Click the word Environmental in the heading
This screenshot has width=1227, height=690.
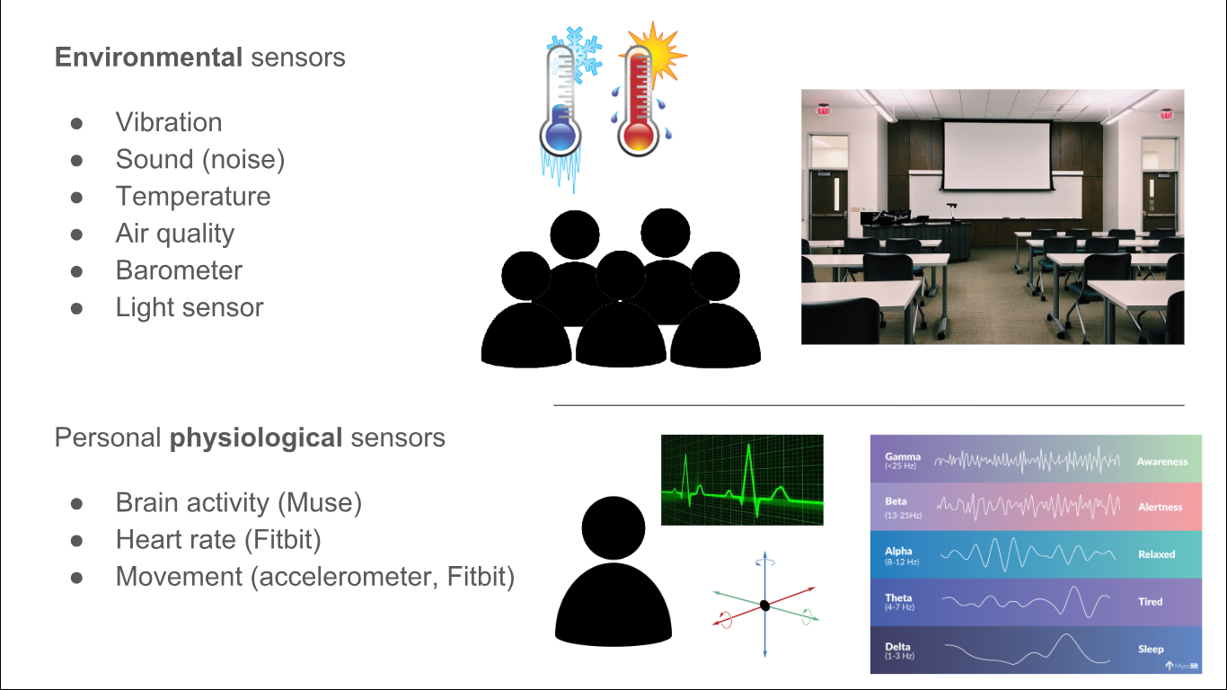pos(148,57)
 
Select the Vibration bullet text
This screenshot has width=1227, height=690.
pos(169,122)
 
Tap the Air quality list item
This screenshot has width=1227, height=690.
pos(175,234)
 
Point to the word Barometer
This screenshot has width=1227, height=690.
pos(179,270)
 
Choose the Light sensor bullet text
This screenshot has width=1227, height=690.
pos(190,307)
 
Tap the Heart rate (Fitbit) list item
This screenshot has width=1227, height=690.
pos(218,540)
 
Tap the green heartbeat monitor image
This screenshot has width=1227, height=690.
pos(742,480)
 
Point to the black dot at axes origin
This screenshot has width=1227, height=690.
pos(764,605)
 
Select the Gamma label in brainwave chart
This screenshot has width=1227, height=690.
pos(902,457)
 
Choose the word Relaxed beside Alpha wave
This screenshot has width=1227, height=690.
pos(1156,554)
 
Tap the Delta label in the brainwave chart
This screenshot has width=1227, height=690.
pos(898,648)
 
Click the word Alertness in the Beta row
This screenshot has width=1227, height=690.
pos(1160,508)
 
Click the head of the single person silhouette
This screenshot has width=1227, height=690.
pos(613,527)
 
